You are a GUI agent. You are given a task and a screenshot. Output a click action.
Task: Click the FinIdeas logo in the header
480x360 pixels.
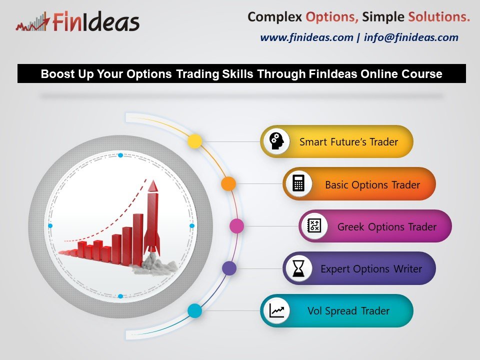coord(78,21)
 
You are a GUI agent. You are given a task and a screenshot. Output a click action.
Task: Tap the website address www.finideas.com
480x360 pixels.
coord(306,37)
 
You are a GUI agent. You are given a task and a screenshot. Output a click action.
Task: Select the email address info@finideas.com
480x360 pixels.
coord(411,37)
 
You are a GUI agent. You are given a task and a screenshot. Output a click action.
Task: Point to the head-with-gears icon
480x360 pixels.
coord(276,141)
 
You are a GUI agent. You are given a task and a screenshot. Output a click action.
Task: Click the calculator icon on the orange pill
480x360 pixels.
coord(298,183)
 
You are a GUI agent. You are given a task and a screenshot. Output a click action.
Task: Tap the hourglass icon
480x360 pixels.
coord(298,268)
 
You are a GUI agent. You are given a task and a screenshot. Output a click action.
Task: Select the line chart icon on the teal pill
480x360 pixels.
coord(276,310)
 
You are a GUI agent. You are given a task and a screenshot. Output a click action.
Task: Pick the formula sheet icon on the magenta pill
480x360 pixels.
coord(314,226)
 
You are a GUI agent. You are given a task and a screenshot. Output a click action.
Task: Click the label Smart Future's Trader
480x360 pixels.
coord(348,141)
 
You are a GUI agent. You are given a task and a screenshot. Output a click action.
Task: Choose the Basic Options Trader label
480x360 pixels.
coord(372,185)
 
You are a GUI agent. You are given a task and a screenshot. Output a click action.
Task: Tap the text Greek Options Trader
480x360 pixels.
coord(387,227)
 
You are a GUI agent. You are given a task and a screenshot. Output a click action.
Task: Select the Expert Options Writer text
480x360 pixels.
coord(371,269)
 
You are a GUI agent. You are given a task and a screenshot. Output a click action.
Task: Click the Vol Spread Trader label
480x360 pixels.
coord(348,310)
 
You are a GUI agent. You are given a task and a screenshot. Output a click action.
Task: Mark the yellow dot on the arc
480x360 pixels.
coord(194,141)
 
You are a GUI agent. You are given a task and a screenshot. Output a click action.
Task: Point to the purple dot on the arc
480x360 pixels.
coord(229,268)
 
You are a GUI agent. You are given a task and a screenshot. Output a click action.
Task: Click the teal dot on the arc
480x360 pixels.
coord(194,310)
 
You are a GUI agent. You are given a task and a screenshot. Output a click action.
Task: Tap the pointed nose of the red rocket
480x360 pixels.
coord(153,181)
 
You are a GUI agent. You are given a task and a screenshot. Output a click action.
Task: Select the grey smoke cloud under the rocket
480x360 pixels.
coord(155,264)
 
